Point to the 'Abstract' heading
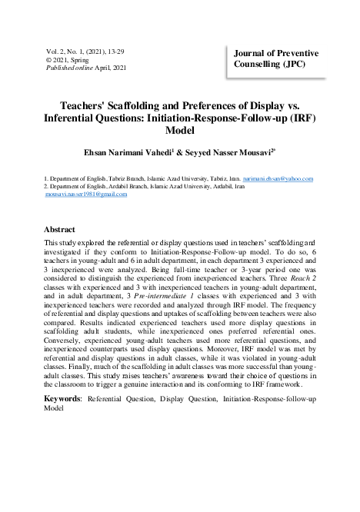[x=59, y=230]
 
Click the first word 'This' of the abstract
[x=52, y=242]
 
